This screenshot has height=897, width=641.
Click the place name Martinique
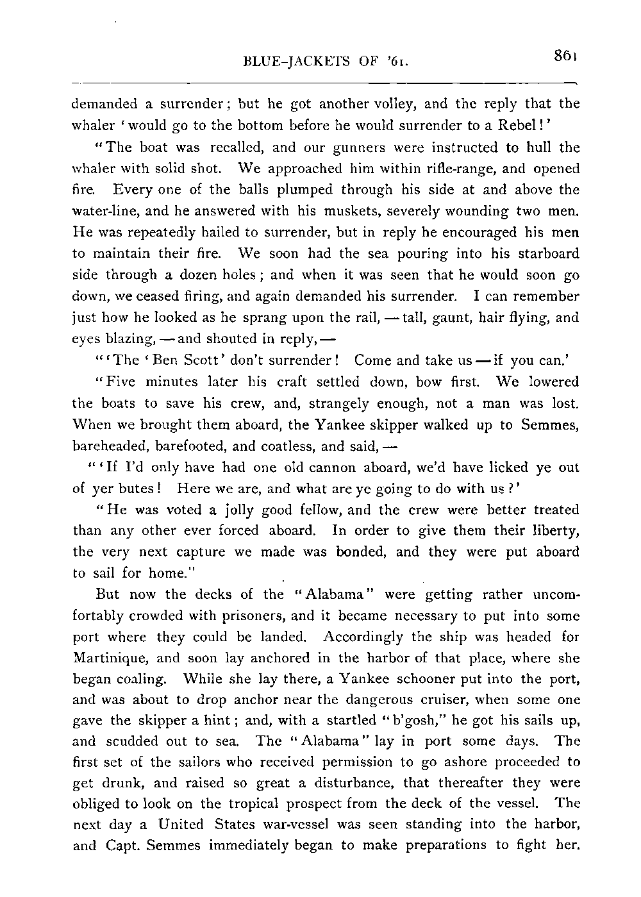coord(111,658)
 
